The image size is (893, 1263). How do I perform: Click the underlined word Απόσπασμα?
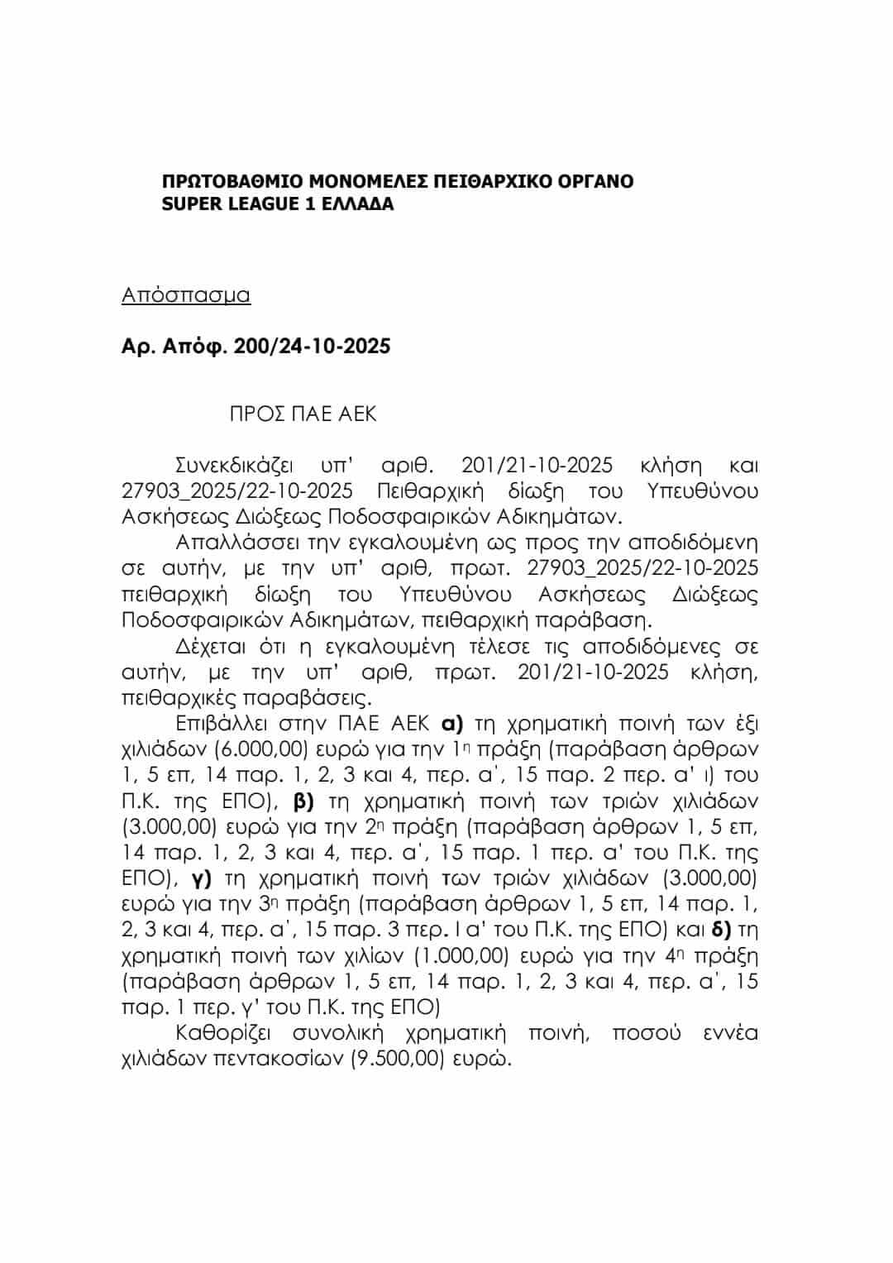(186, 295)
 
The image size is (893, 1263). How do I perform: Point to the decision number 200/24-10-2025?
(313, 346)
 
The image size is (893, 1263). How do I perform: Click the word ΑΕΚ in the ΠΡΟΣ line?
(357, 414)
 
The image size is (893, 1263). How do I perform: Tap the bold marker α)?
(451, 724)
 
